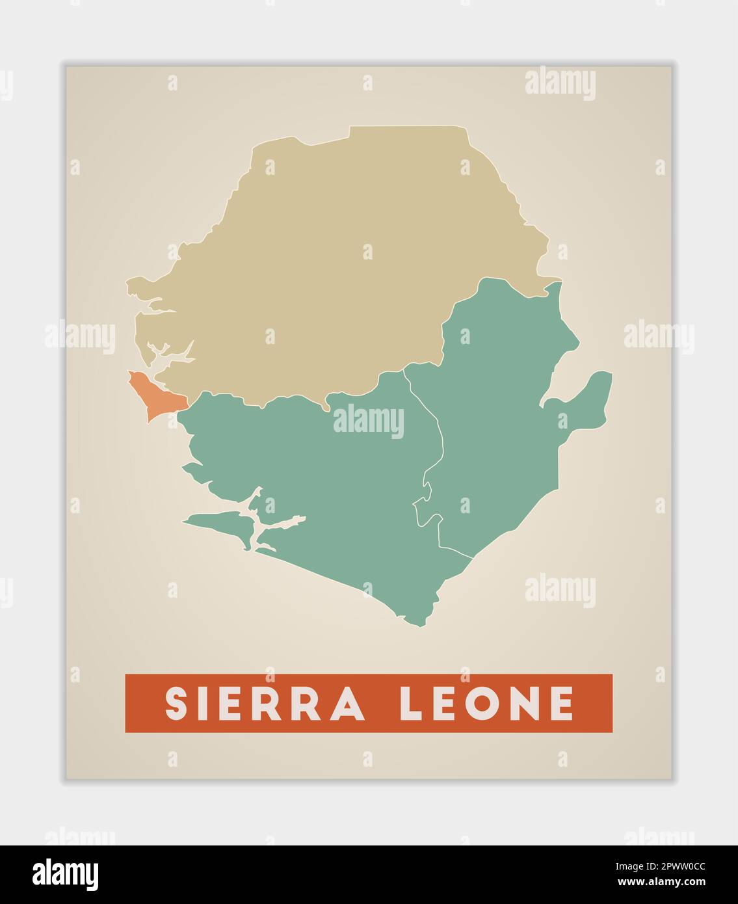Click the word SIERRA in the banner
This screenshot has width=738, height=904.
pos(264,703)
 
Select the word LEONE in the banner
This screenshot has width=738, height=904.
pos(486,703)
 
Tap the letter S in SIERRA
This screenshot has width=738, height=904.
pos(176,703)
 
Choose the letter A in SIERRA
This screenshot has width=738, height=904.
pos(348,703)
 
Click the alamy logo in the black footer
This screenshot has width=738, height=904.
pos(66,874)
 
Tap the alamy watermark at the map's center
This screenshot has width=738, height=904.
pos(369,421)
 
